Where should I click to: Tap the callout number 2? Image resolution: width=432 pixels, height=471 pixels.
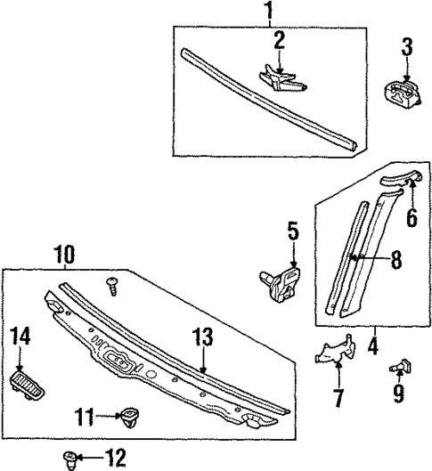click(279, 40)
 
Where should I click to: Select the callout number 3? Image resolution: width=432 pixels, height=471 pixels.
click(406, 47)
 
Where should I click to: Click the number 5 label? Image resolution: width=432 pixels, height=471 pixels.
click(292, 233)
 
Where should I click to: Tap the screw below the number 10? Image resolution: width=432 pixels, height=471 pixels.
click(112, 283)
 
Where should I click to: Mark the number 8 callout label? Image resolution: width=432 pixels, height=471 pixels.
click(395, 259)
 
